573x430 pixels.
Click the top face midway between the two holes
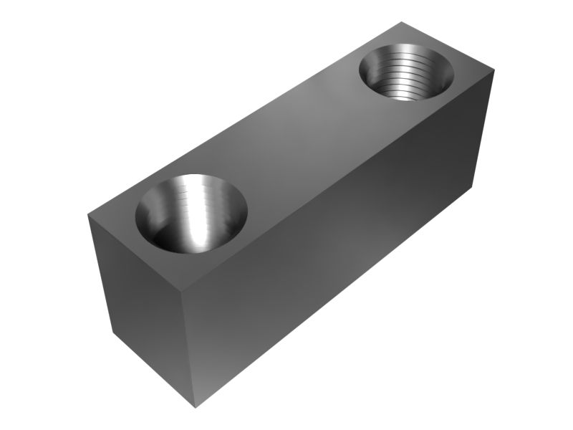(x=301, y=143)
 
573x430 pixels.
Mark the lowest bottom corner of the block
(x=195, y=408)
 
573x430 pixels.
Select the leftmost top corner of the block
(x=87, y=214)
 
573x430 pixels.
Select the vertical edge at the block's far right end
(x=486, y=129)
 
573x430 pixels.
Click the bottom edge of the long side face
(x=337, y=297)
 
